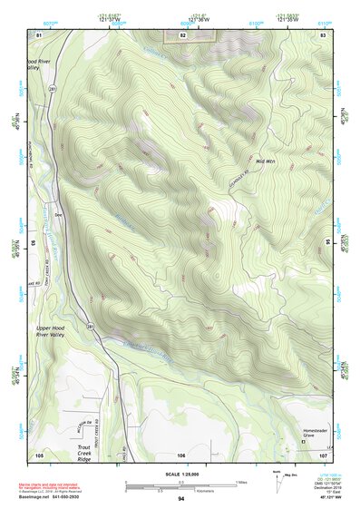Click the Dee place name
tap(58, 215)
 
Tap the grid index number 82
tap(182, 34)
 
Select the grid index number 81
tap(39, 34)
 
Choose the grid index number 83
tap(324, 34)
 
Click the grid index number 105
tap(39, 454)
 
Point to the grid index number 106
tap(182, 454)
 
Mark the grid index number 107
tap(324, 454)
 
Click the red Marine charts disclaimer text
tap(63, 485)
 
